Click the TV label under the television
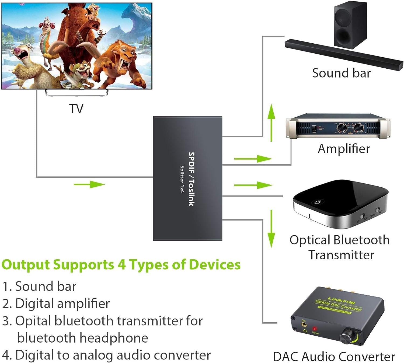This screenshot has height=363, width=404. click(x=76, y=109)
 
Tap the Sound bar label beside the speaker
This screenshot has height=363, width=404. click(x=341, y=73)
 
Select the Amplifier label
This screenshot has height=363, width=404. click(x=344, y=149)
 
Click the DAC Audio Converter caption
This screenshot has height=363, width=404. click(x=334, y=357)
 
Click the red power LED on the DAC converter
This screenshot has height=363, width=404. click(x=314, y=329)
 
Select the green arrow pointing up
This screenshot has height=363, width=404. click(x=271, y=123)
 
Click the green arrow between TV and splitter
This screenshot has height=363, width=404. click(x=89, y=184)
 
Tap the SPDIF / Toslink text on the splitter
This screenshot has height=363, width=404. click(x=191, y=179)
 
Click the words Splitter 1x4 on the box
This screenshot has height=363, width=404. click(x=182, y=179)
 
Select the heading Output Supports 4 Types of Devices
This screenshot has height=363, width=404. click(x=121, y=264)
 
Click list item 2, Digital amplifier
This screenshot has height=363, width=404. click(x=56, y=303)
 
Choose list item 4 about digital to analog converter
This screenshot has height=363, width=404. click(x=106, y=355)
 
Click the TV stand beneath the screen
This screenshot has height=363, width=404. click(x=76, y=93)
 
